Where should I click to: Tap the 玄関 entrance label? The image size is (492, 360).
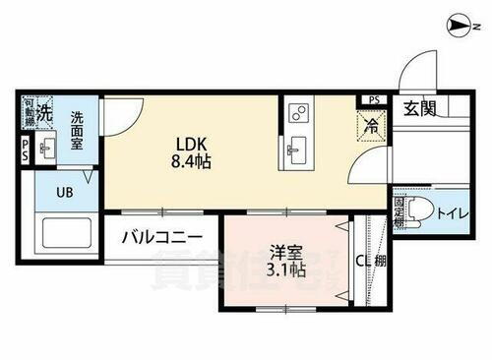click(x=419, y=108)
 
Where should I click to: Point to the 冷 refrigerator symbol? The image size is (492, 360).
click(x=371, y=125)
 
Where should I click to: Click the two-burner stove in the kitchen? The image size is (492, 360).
click(x=296, y=115)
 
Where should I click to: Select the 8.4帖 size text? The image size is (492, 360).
click(x=190, y=161)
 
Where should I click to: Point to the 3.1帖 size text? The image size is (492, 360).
click(x=284, y=270)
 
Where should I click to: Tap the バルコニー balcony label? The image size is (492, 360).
click(x=161, y=237)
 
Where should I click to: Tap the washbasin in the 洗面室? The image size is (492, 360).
click(x=47, y=150)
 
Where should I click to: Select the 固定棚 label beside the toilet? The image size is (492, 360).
click(x=400, y=211)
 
